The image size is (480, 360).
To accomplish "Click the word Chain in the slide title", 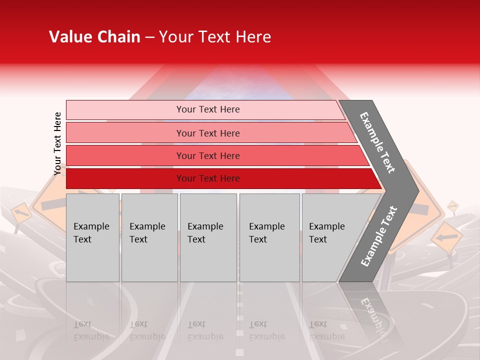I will point(118,37).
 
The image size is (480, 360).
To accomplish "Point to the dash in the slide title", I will point(149,37).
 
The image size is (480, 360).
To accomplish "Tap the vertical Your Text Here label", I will point(58,143).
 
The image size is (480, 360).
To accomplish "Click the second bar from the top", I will point(207,133).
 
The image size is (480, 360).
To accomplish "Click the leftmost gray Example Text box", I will point(92,237).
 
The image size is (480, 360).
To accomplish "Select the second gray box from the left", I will point(149,237).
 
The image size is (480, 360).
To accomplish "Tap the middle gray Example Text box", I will point(208,237).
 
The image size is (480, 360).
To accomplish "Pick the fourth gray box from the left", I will point(269,237).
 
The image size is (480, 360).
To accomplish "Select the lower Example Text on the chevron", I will point(379,236).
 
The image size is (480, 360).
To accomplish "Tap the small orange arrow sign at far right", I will point(446,235).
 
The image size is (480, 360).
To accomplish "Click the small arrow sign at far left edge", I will point(20,213).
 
